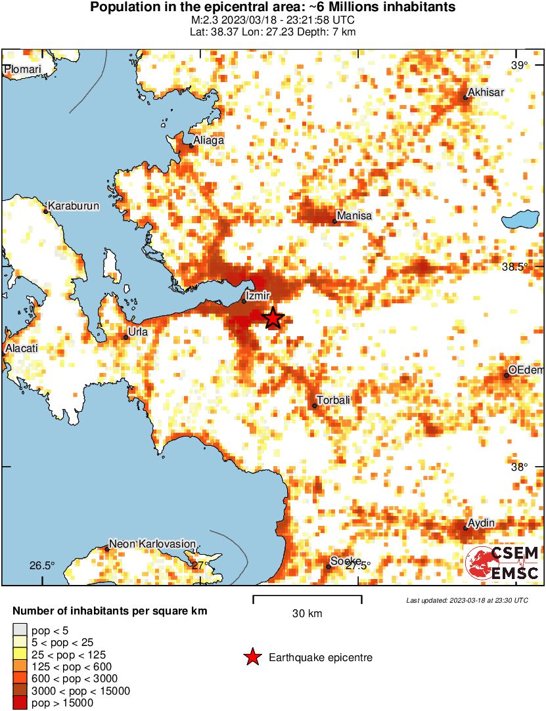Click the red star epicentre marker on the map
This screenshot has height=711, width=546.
pyautogui.click(x=273, y=318)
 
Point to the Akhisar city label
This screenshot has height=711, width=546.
pyautogui.click(x=486, y=93)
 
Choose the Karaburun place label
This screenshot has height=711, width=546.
pyautogui.click(x=74, y=206)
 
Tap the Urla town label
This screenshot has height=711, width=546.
pyautogui.click(x=138, y=332)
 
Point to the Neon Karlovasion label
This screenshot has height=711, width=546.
pyautogui.click(x=152, y=544)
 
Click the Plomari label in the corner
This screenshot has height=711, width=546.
pyautogui.click(x=23, y=70)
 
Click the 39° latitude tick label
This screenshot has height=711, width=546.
pyautogui.click(x=520, y=65)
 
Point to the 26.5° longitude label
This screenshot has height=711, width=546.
pyautogui.click(x=43, y=566)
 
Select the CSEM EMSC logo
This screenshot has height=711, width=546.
pyautogui.click(x=503, y=563)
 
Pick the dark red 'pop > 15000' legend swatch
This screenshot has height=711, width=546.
pyautogui.click(x=20, y=703)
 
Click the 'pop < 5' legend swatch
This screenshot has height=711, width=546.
pyautogui.click(x=20, y=630)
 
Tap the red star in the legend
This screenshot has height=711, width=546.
pyautogui.click(x=252, y=657)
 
